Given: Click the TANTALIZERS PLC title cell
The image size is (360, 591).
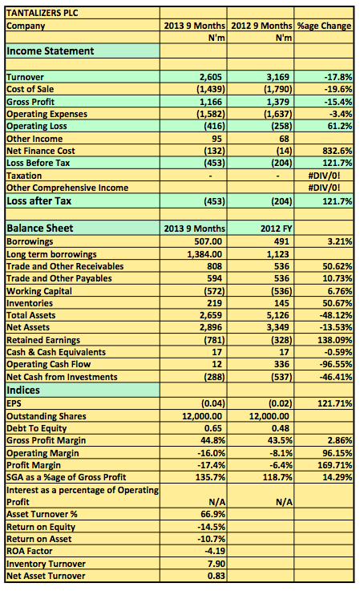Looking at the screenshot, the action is [42, 13].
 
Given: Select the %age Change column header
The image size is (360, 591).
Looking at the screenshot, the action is [324, 26].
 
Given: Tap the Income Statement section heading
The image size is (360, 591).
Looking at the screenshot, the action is [51, 51].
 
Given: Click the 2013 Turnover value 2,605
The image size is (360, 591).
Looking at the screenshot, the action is [211, 77].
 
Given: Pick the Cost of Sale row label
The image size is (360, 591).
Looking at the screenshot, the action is [30, 89].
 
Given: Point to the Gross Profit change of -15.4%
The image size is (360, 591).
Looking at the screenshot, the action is [338, 102].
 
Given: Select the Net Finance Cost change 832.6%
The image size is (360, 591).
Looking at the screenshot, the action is [337, 151].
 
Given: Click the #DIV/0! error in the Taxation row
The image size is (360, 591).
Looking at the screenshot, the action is [324, 176].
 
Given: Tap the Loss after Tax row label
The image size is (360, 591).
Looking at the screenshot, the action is [38, 201].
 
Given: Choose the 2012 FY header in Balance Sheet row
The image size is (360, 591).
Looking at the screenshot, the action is [277, 229].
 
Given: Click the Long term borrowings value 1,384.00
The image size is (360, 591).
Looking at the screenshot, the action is [204, 254].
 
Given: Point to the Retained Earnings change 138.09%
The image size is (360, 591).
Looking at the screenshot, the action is [334, 340].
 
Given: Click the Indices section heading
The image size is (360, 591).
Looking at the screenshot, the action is [23, 390].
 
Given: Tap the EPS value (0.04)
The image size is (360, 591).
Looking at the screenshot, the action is [213, 403].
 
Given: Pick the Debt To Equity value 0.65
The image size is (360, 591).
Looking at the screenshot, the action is [213, 428].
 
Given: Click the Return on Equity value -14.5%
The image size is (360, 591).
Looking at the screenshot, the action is [211, 527].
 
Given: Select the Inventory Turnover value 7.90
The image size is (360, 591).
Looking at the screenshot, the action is [216, 564].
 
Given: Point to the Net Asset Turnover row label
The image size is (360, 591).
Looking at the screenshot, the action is [46, 576].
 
